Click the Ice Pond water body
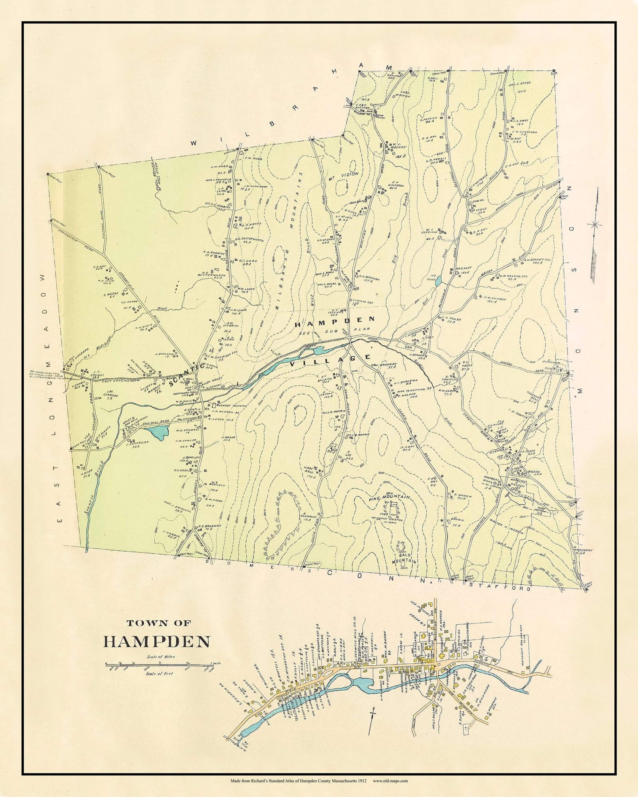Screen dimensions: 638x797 (438, 281)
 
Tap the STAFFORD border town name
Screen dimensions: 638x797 (500, 588)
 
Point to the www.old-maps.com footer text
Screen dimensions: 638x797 (391, 781)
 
